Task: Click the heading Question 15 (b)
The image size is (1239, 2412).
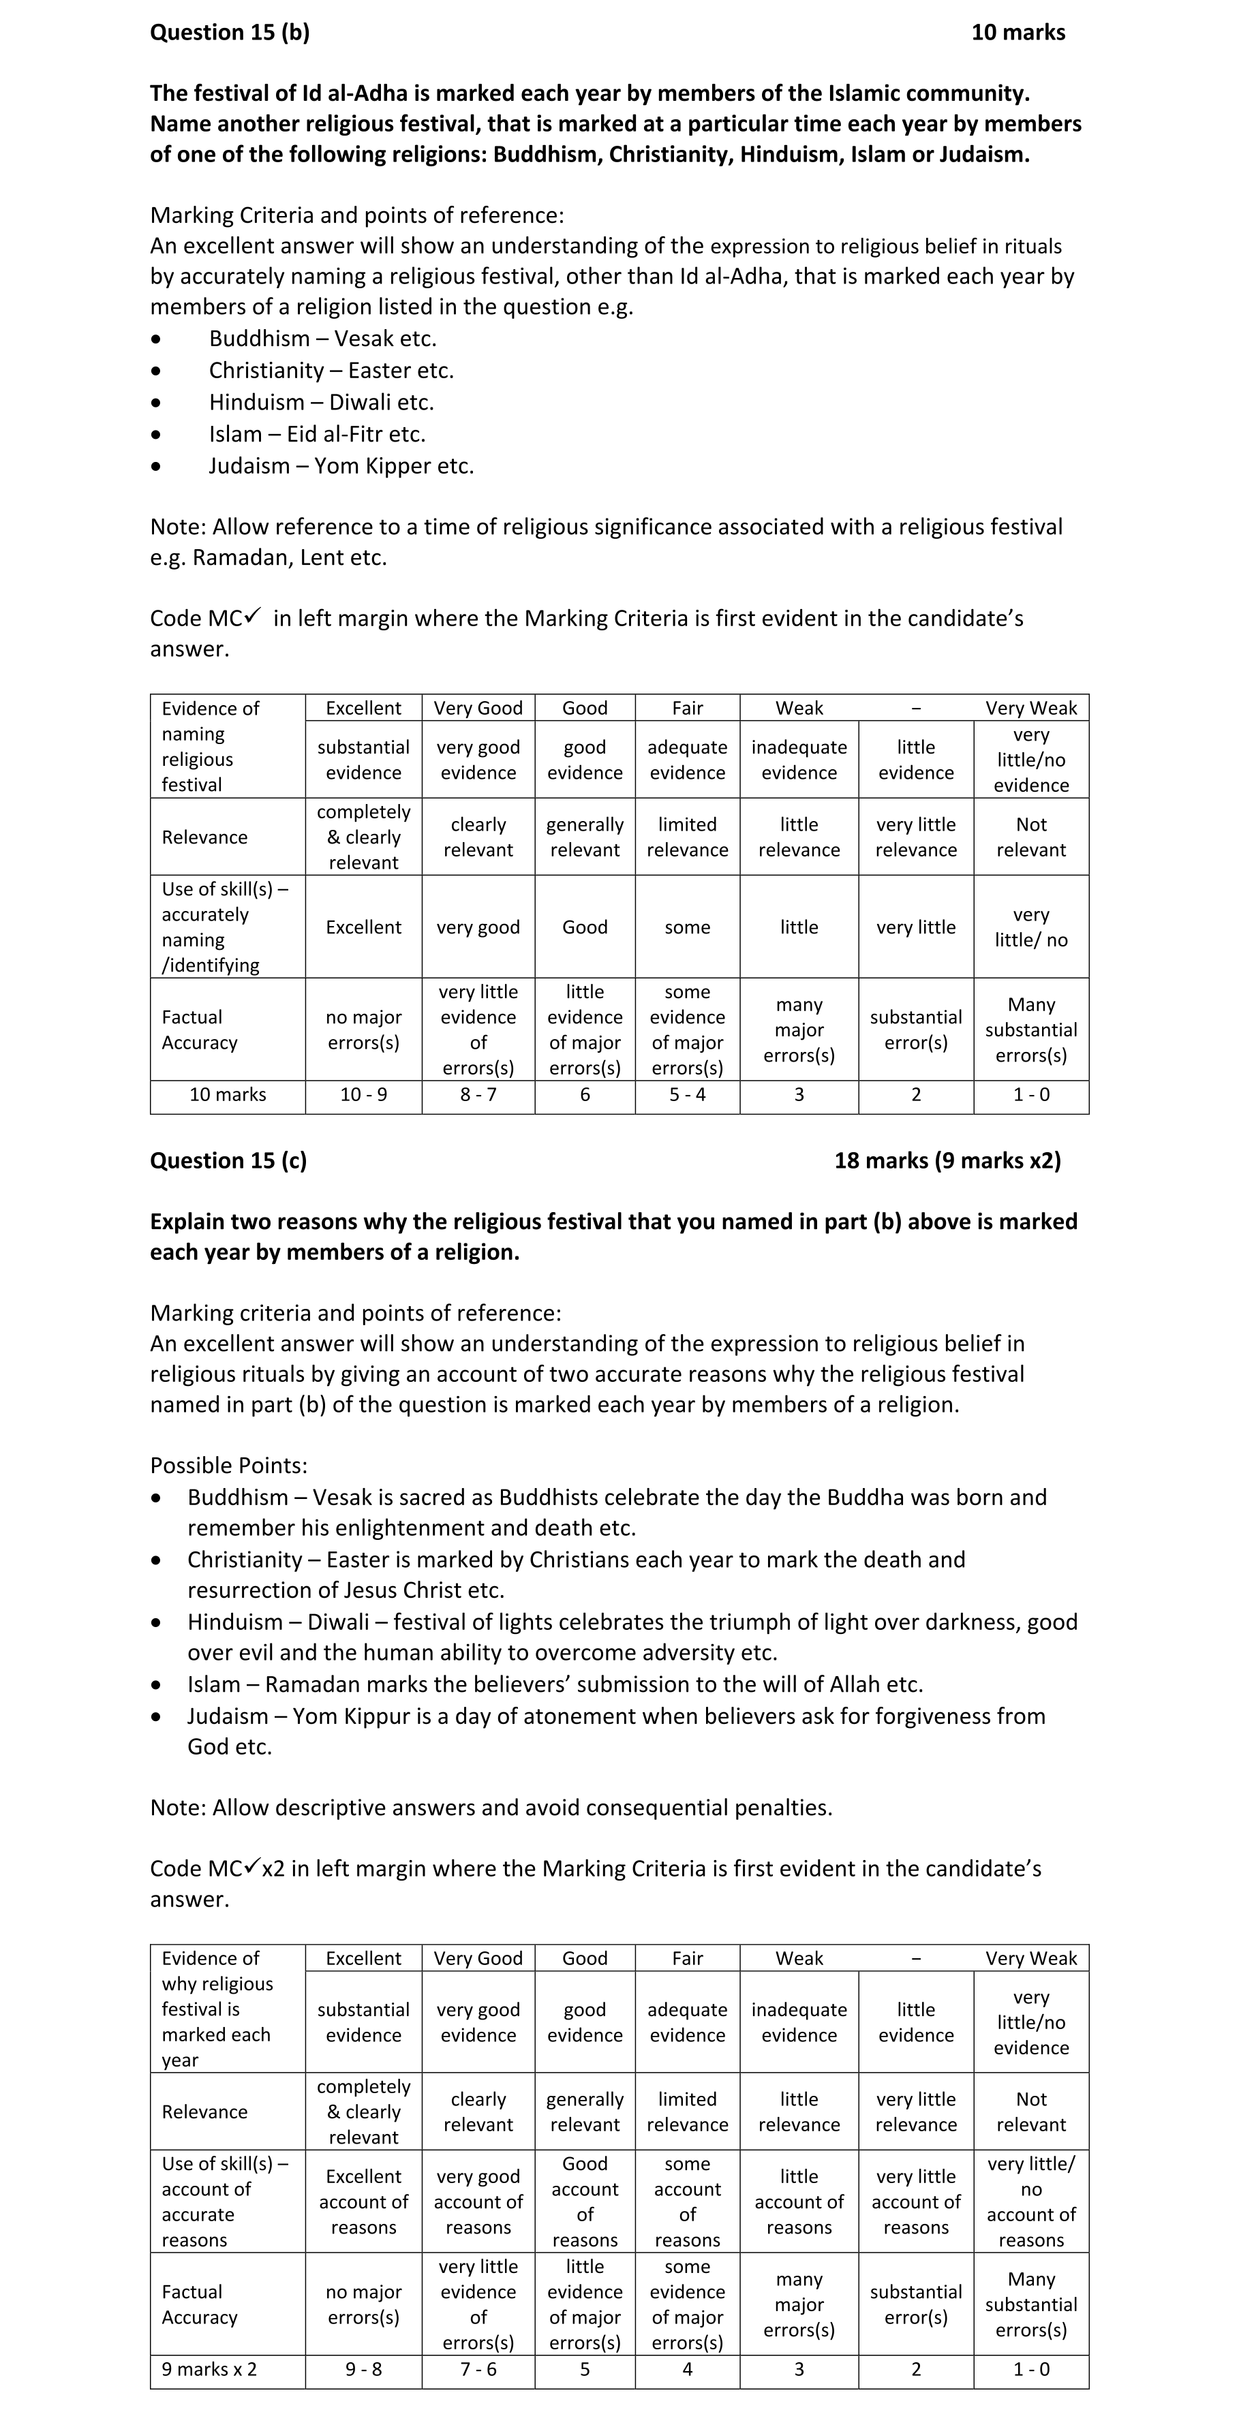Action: (230, 33)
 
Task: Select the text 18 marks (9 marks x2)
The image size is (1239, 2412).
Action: (947, 1160)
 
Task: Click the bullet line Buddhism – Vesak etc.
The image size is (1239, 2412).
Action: (322, 339)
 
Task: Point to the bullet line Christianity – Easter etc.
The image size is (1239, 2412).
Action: (331, 371)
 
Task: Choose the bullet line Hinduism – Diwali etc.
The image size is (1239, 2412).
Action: (321, 403)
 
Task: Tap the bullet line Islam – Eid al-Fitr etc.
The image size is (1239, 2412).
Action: (316, 435)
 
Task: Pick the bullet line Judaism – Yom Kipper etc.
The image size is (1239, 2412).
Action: (341, 466)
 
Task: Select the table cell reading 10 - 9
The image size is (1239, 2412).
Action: (363, 1094)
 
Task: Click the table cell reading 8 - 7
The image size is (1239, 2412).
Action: (478, 1094)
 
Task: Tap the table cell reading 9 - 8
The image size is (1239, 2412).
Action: (363, 2369)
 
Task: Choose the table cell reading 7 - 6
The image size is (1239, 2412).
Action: (478, 2369)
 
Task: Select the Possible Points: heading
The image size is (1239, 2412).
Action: (228, 1466)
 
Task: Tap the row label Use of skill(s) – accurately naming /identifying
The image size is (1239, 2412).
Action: (225, 927)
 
